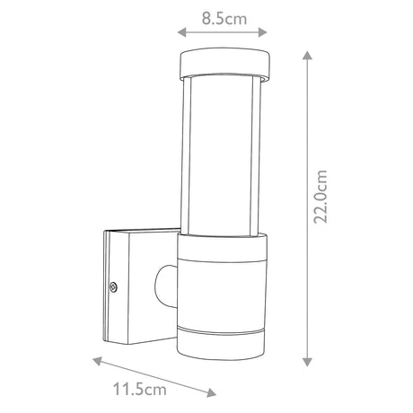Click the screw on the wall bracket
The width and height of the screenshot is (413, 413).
114,287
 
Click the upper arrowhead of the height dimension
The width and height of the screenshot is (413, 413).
306,54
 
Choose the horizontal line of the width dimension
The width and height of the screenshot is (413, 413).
224,32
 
